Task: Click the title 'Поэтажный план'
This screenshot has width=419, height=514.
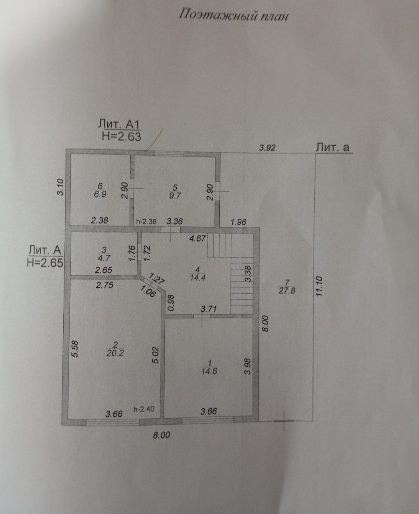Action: [x=233, y=16]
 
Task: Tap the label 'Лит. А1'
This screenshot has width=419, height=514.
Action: [x=120, y=124]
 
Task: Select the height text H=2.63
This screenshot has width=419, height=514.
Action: [x=122, y=136]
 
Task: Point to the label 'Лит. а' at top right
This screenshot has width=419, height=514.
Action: [x=332, y=147]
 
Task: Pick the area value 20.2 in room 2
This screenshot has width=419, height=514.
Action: [x=115, y=353]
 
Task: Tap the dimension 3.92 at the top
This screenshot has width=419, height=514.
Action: [x=267, y=148]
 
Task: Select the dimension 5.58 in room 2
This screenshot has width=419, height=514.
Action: [x=75, y=349]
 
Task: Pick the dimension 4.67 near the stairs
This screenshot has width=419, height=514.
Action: [x=198, y=238]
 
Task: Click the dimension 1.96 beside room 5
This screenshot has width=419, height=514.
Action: [x=238, y=222]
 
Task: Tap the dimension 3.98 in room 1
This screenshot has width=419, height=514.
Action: [x=248, y=367]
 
